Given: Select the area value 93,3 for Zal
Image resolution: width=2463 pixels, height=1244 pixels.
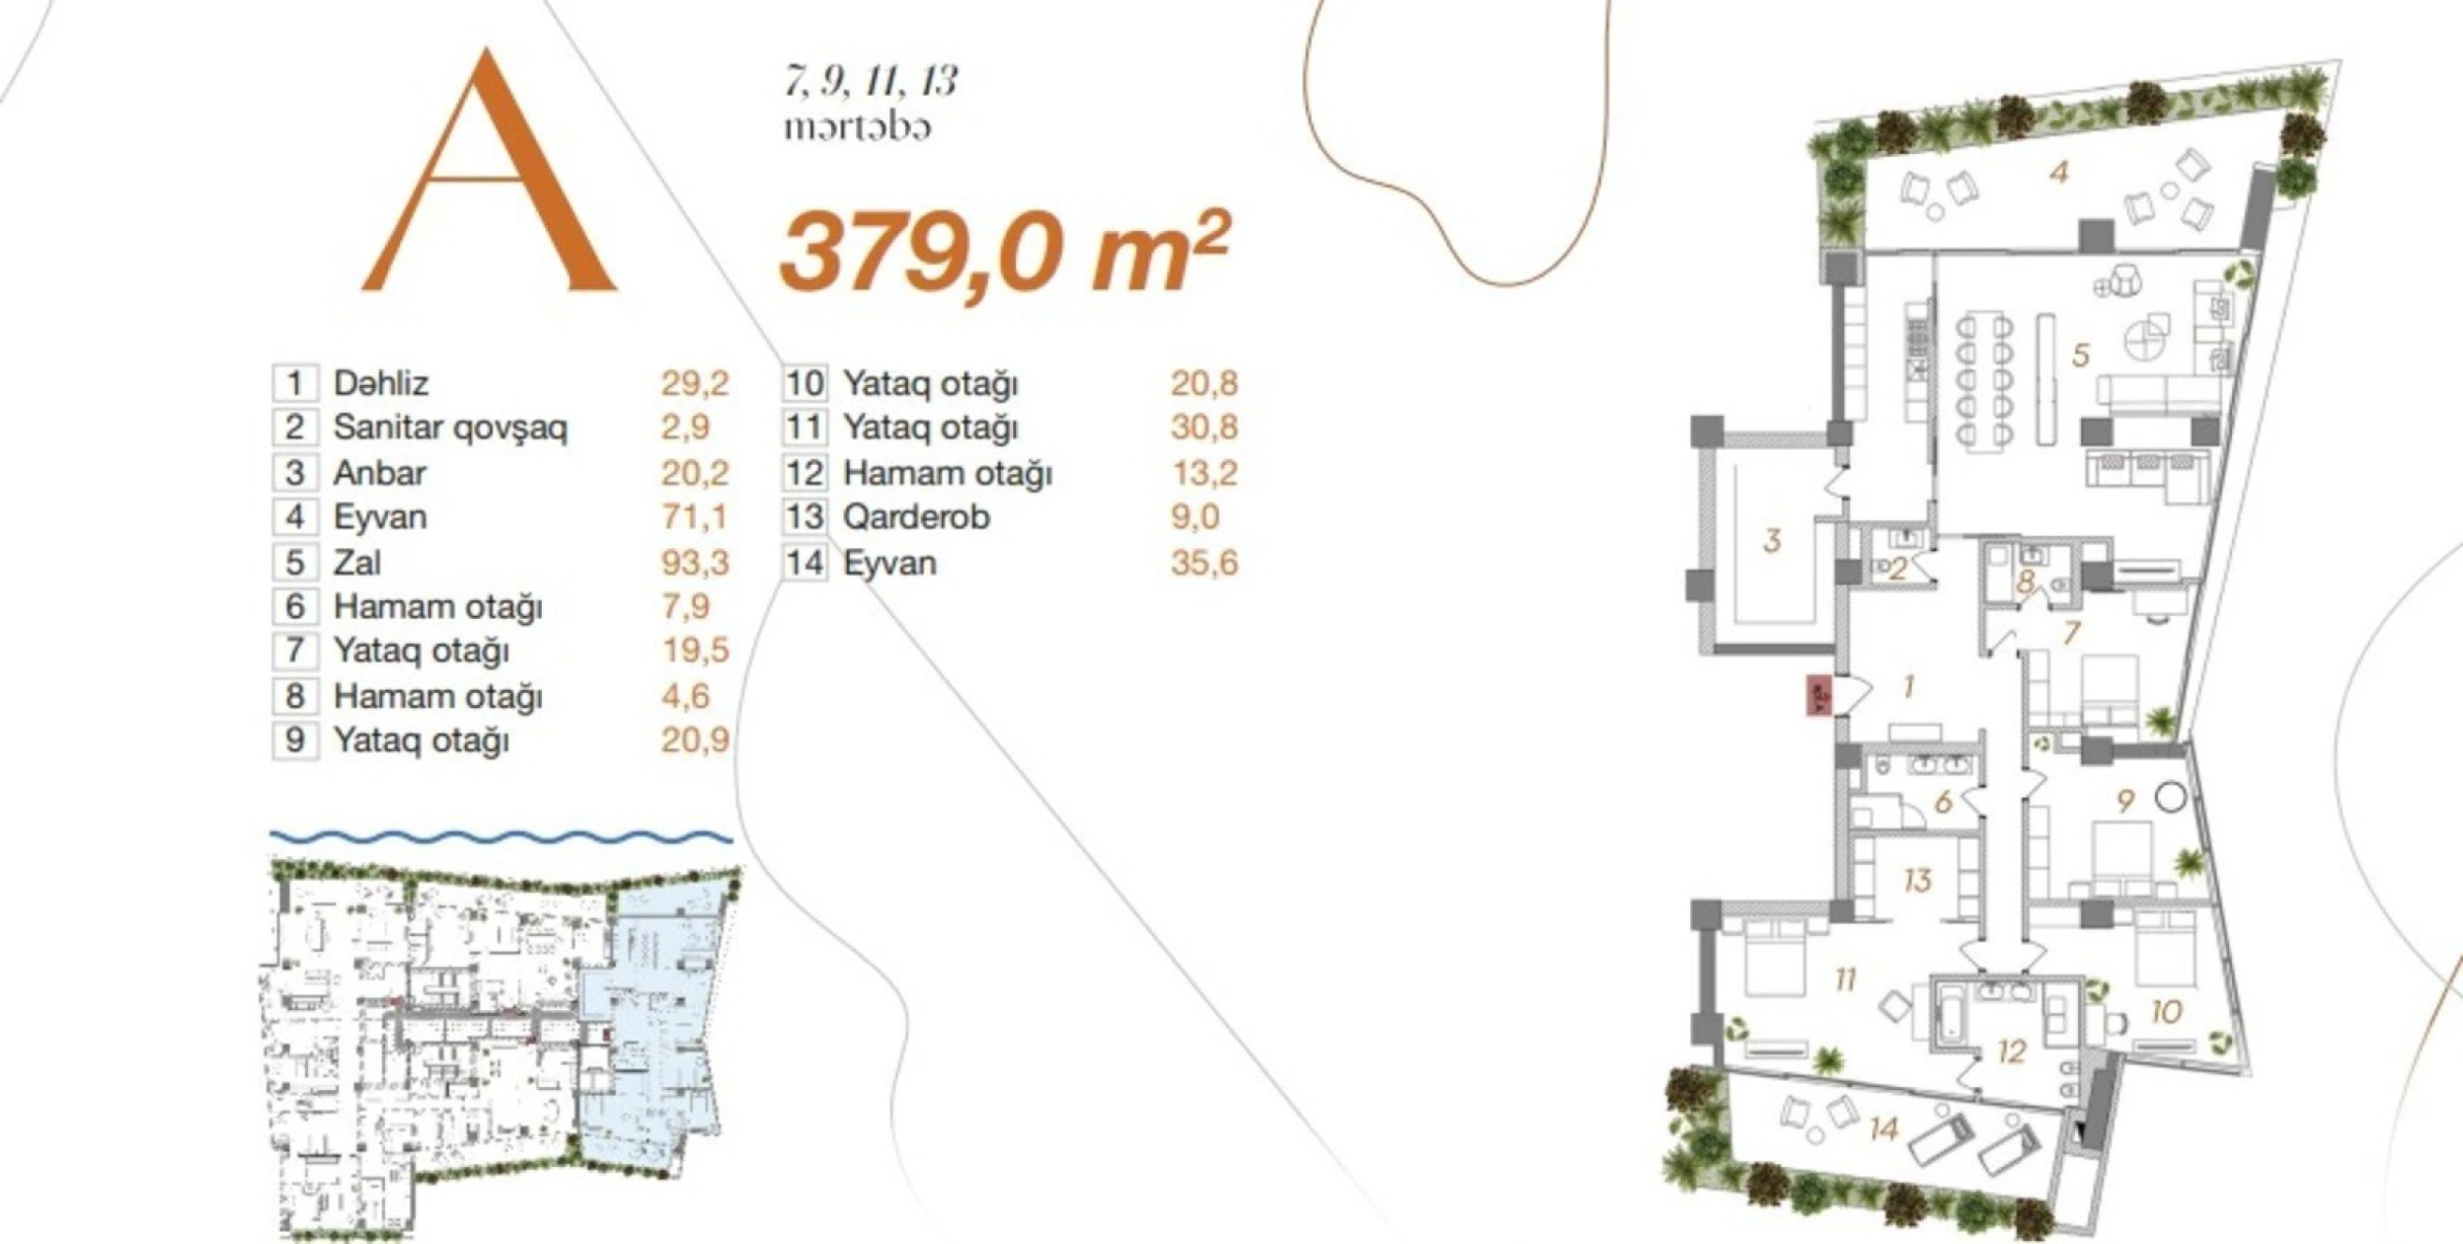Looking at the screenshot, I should pyautogui.click(x=694, y=562).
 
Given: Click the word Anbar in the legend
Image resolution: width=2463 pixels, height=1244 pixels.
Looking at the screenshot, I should pyautogui.click(x=379, y=473).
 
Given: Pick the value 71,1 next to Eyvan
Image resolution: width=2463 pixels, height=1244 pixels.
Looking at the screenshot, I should pyautogui.click(x=694, y=517).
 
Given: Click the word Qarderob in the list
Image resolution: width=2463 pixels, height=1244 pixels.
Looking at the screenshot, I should pyautogui.click(x=916, y=517).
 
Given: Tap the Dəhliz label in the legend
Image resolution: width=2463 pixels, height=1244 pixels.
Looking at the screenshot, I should pyautogui.click(x=380, y=383).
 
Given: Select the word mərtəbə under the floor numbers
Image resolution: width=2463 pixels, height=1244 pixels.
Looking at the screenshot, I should pyautogui.click(x=858, y=128).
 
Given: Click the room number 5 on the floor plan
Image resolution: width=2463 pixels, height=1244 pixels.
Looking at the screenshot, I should pyautogui.click(x=2080, y=355).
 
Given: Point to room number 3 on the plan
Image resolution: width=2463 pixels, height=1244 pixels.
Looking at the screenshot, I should pyautogui.click(x=1772, y=541).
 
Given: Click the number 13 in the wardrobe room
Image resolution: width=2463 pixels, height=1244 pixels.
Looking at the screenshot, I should pyautogui.click(x=1917, y=879).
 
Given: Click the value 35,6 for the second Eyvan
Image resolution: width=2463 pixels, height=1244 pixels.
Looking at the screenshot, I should pyautogui.click(x=1204, y=562).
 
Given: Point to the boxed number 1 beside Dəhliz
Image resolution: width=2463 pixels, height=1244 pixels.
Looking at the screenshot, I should pyautogui.click(x=295, y=383).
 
